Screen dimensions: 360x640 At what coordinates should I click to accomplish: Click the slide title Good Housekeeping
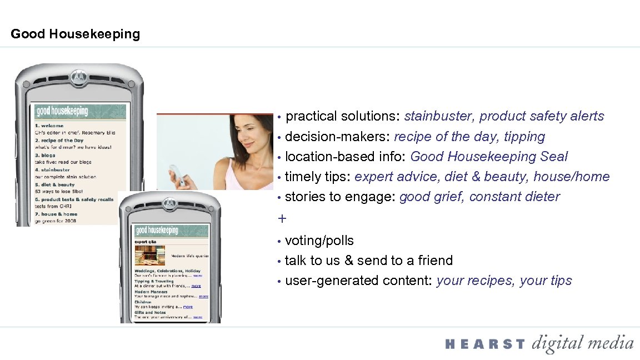(x=75, y=34)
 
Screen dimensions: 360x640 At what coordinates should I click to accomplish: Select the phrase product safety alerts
(x=542, y=116)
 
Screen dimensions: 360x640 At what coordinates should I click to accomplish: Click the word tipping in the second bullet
(x=524, y=137)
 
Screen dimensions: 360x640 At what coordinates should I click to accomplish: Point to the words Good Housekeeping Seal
(x=489, y=157)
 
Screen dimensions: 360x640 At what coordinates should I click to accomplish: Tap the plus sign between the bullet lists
(x=282, y=219)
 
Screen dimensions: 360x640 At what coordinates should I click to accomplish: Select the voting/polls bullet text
(x=319, y=241)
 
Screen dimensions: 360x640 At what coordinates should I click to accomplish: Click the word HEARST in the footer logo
(x=484, y=344)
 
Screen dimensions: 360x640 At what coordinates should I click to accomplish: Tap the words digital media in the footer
(x=583, y=343)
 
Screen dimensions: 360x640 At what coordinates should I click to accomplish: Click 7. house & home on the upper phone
(x=58, y=214)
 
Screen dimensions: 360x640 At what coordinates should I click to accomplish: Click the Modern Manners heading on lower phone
(x=151, y=292)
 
